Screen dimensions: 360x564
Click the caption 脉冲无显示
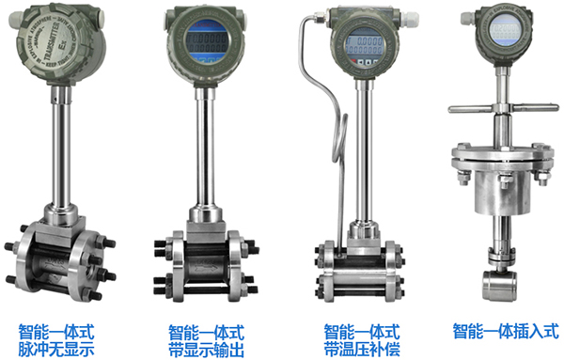(x=56, y=348)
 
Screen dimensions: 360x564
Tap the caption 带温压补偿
(x=362, y=348)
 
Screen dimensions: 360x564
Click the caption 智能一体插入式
(x=505, y=330)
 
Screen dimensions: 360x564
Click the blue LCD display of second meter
(x=205, y=42)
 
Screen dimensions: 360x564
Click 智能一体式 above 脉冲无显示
(x=56, y=331)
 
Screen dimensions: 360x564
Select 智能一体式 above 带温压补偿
(x=362, y=331)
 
